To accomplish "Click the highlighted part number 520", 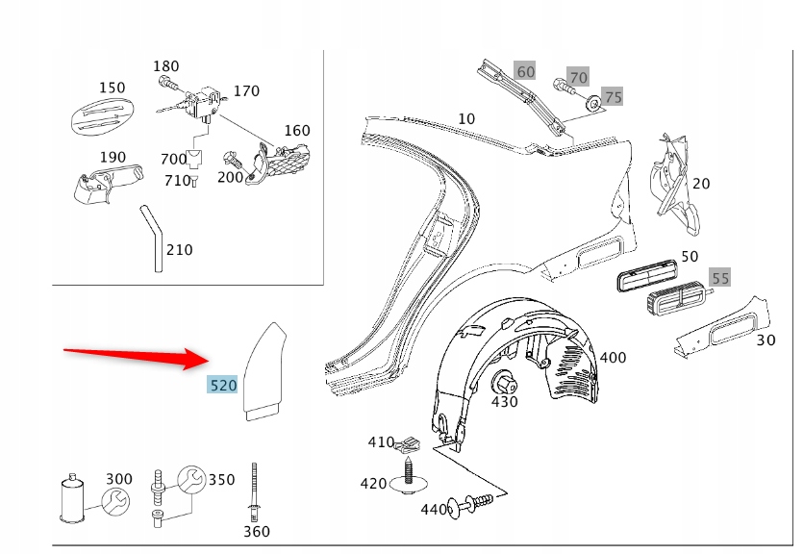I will click(x=223, y=386).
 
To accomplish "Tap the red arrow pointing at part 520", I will click(x=135, y=357).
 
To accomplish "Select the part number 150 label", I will click(x=112, y=88).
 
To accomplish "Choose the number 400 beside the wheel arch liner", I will click(x=613, y=358).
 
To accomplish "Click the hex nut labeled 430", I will click(x=503, y=383).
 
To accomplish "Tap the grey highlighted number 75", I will click(x=613, y=97).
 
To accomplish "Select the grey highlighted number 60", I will click(x=525, y=71).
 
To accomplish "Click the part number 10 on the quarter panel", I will click(x=466, y=119).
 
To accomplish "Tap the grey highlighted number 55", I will click(x=720, y=278).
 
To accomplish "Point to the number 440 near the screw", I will click(x=434, y=509).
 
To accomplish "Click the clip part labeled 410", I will click(x=414, y=443).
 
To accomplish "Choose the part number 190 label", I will click(x=113, y=158).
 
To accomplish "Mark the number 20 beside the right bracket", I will click(x=701, y=184).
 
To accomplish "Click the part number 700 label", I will click(x=174, y=159).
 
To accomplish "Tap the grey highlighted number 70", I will click(x=578, y=77).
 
